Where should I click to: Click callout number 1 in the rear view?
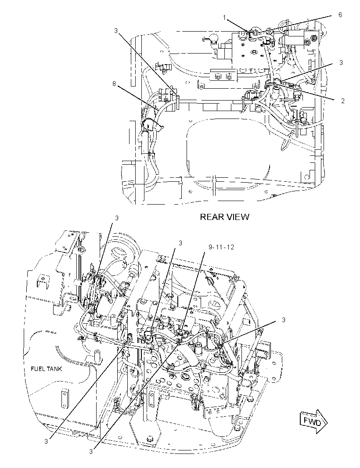coord(224,18)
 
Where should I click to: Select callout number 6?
coord(340,14)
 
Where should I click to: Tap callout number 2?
coord(343,101)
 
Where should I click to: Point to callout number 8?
coord(114,84)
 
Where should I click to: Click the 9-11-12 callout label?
coord(221,247)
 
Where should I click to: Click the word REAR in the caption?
coord(210,217)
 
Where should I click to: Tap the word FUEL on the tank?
coord(37,369)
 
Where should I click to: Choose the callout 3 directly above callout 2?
coord(341,63)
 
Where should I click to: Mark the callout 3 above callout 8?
coord(116,30)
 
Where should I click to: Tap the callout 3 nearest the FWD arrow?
coord(283,320)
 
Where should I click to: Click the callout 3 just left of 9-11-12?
coord(180,244)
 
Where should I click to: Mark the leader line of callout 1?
coord(238,25)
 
